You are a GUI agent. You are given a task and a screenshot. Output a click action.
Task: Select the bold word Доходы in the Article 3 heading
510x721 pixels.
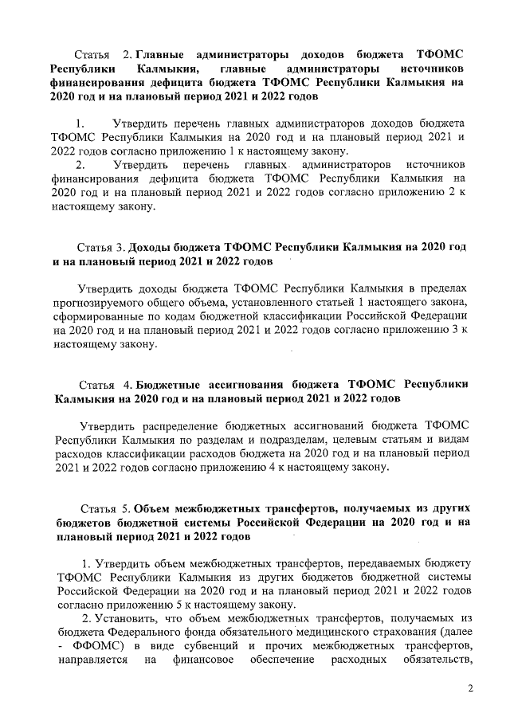(152, 247)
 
